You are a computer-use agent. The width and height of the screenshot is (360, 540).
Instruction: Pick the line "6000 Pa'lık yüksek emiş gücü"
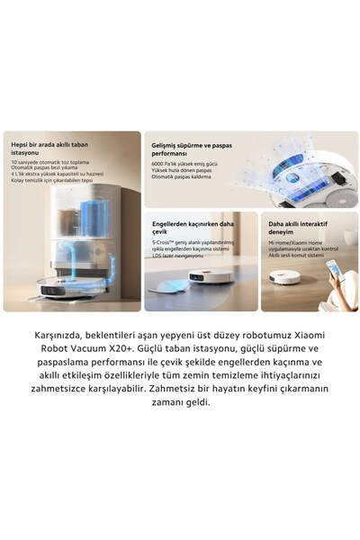(x=186, y=163)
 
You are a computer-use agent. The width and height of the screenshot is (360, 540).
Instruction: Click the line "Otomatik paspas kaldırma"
(x=182, y=176)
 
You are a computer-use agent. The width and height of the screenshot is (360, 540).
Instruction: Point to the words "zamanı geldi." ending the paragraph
(x=180, y=401)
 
